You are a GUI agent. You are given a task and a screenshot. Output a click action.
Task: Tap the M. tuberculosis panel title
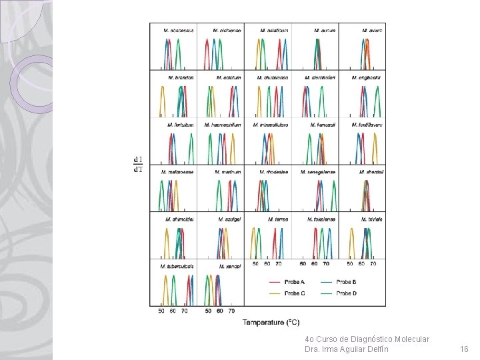click(177, 266)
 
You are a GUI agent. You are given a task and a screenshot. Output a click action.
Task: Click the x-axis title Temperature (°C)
click(271, 323)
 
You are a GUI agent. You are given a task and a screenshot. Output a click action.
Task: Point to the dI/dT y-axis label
click(138, 164)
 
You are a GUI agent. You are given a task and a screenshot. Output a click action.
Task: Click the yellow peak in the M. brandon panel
click(162, 100)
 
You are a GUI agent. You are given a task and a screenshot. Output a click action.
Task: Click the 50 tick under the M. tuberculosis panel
click(161, 311)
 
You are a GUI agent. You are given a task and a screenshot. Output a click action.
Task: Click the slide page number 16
click(465, 349)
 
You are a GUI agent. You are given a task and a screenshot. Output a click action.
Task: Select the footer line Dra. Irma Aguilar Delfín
click(346, 349)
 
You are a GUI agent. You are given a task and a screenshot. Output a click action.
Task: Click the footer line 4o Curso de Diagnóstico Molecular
click(367, 339)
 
